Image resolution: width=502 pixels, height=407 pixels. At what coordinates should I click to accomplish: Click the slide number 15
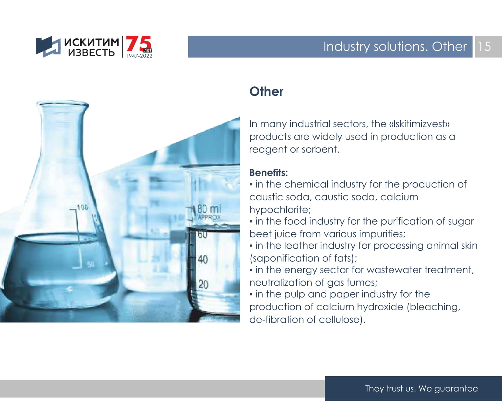(484, 47)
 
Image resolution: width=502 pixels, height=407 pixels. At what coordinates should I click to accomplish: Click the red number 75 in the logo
(138, 44)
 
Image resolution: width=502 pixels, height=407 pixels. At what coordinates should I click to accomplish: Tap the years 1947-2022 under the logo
(139, 56)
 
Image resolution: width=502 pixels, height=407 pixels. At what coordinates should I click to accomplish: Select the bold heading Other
(266, 91)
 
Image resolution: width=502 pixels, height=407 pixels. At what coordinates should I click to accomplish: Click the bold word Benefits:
(269, 173)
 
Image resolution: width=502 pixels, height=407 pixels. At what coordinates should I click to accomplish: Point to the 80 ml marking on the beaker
(209, 209)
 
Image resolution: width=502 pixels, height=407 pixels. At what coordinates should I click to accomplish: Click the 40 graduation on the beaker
(203, 259)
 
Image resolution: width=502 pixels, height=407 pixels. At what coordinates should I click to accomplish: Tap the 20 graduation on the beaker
(203, 284)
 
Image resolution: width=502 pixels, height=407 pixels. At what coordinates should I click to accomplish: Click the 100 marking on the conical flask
(82, 208)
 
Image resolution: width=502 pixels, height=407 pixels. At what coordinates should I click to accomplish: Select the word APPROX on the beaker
(209, 217)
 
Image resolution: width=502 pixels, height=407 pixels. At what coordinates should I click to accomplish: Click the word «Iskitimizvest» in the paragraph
(419, 124)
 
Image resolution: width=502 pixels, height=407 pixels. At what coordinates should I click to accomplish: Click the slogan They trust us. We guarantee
(421, 388)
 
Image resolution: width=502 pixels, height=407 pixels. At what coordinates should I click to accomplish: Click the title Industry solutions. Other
(395, 47)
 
